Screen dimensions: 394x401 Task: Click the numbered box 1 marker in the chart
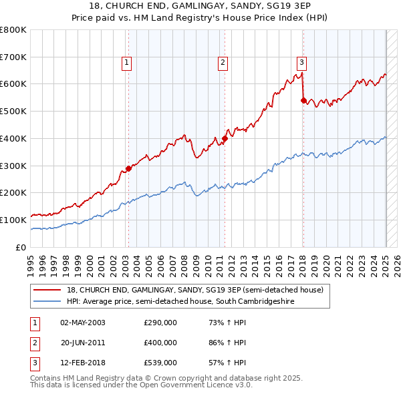tap(126, 63)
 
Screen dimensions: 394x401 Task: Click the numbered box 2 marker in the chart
tap(223, 63)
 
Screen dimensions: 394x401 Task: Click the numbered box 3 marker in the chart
tap(302, 63)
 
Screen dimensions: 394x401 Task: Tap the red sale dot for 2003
tap(128, 168)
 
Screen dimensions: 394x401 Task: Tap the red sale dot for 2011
tap(225, 139)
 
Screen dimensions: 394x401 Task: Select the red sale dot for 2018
tap(303, 101)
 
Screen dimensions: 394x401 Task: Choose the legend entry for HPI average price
tap(180, 301)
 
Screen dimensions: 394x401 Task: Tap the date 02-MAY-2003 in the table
tap(83, 323)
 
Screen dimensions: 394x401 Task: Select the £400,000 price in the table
tap(160, 343)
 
